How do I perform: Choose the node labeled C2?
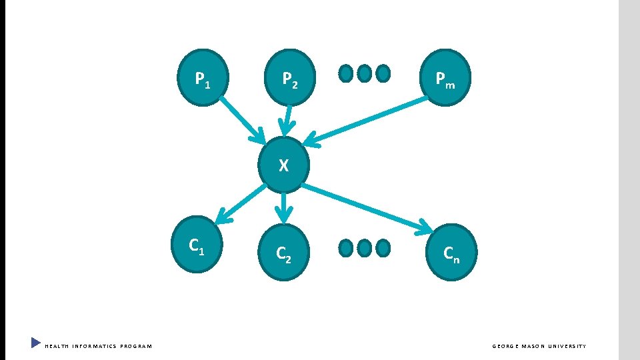pos(283,252)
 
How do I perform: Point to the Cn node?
pos(451,252)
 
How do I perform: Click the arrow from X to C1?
pos(243,203)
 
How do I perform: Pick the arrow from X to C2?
pos(285,207)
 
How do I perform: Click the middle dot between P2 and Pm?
pos(364,73)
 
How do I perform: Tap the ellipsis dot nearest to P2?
pos(346,73)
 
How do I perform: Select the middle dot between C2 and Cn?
pos(364,248)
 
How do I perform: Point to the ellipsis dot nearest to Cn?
pos(383,248)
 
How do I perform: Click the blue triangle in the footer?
pos(36,343)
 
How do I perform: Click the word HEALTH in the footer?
pos(57,346)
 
